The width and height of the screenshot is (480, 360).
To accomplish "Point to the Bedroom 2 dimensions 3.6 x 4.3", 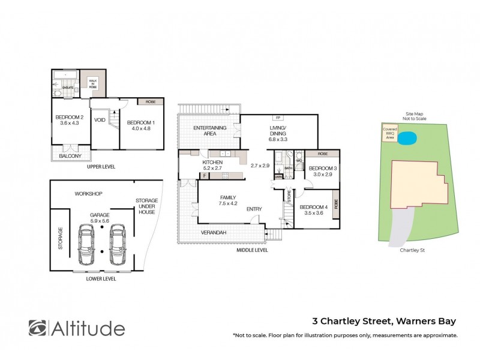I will [70, 124].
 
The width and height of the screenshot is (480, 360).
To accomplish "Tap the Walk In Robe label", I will [93, 83].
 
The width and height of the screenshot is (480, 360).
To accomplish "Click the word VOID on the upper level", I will [100, 120].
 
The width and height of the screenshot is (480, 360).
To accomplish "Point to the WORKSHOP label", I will [89, 194].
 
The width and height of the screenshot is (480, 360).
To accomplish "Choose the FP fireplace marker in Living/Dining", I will [277, 117].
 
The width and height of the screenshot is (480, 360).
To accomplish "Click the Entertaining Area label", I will [209, 131].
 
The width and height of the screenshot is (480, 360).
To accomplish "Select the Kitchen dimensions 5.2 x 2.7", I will [212, 169].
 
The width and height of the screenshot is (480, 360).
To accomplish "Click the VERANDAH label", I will [213, 232].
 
